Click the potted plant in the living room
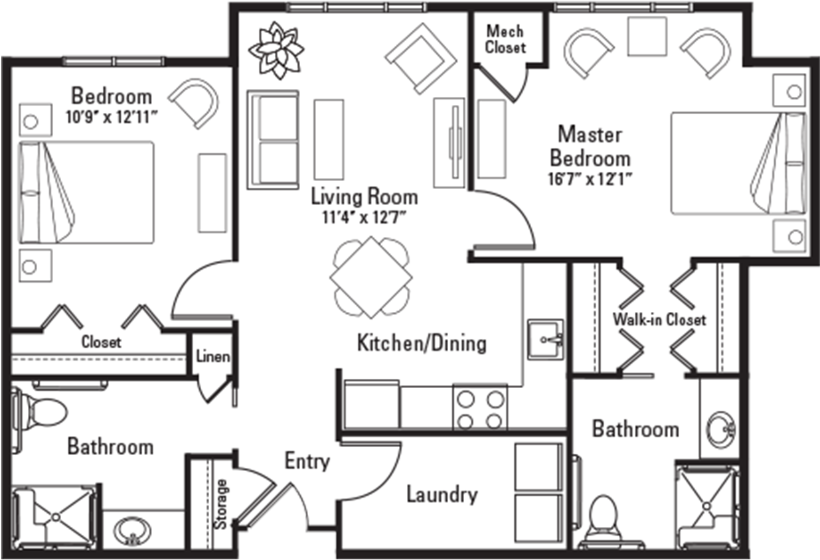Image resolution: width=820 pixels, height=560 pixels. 276,50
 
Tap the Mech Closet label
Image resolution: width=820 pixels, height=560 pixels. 505,39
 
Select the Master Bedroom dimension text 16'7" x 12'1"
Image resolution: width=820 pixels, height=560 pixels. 590,179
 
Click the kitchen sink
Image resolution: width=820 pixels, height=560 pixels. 545,340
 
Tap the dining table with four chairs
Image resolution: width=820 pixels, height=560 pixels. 371,277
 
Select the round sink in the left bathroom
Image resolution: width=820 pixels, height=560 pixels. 131,531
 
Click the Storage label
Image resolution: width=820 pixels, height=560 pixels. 221,504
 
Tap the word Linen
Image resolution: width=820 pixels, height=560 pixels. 212,356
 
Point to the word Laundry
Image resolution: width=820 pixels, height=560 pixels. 442,495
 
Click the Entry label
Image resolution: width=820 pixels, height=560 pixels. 307,462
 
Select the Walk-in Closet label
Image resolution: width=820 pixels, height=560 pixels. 659,320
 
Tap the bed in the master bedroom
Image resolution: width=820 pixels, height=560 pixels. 738,163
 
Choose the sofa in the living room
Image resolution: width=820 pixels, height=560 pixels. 273,140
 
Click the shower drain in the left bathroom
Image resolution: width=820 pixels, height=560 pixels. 56,518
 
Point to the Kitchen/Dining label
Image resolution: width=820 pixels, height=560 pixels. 422,344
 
